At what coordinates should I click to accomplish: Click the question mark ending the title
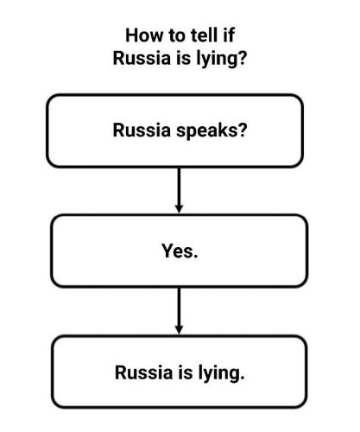(243, 58)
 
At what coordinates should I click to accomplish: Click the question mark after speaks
(243, 130)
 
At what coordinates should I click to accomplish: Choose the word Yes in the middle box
(177, 251)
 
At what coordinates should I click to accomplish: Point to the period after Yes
(196, 256)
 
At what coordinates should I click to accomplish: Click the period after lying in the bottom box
(242, 378)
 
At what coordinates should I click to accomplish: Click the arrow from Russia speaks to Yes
(179, 190)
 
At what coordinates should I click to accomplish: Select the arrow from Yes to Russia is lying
(179, 311)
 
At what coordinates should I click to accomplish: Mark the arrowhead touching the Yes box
(179, 209)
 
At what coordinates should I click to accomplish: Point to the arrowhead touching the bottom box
(179, 330)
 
